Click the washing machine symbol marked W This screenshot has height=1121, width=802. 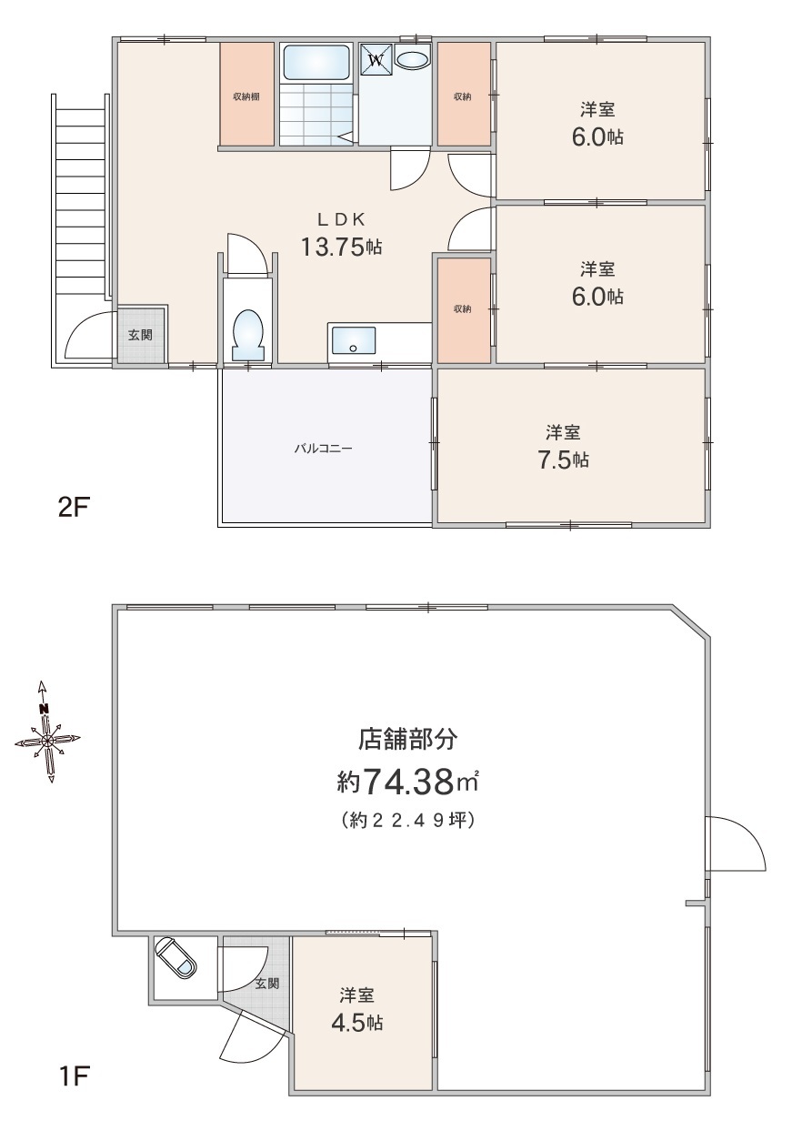point(376,59)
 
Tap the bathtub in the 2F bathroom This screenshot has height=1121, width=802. point(316,62)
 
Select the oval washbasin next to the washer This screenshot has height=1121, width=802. point(412,59)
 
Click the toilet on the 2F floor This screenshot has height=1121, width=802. point(248,335)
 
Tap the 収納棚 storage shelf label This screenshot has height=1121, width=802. point(246,96)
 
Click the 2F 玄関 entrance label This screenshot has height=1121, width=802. point(140,335)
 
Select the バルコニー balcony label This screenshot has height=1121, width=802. point(323,448)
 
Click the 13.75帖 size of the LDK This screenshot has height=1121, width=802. point(342,247)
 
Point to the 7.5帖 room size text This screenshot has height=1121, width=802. point(563,460)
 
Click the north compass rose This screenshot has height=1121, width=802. point(46,739)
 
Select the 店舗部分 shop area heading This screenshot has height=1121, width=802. point(407,739)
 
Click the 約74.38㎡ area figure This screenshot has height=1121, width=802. point(407,782)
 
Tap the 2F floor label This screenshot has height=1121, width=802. point(74,509)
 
